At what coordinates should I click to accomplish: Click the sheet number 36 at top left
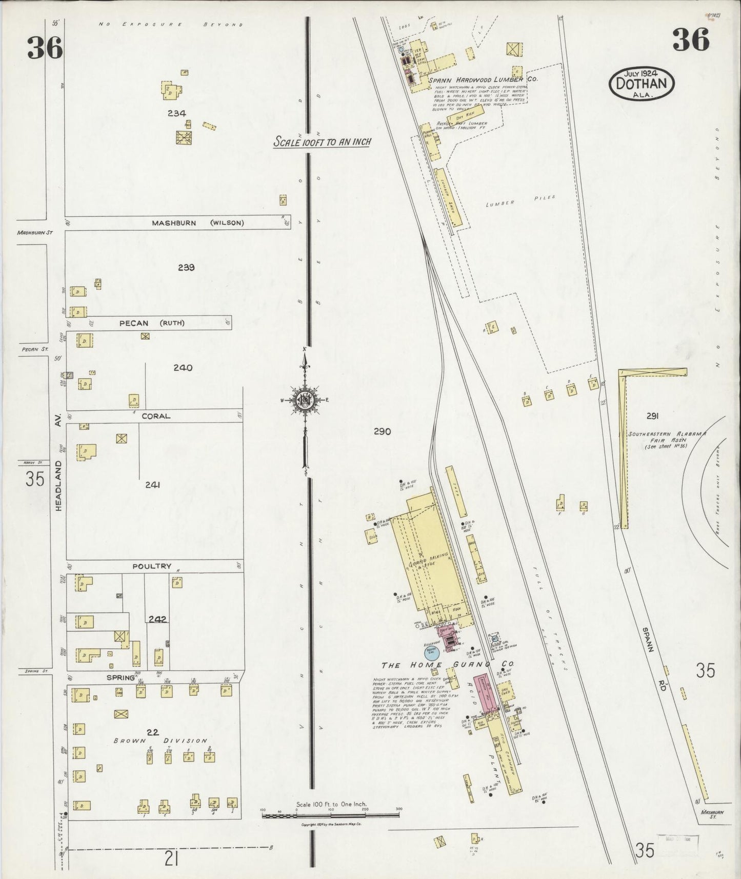pos(45,48)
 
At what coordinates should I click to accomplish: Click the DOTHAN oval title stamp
pos(642,83)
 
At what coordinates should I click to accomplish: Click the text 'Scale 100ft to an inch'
pos(322,142)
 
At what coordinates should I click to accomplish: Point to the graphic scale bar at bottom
pos(330,814)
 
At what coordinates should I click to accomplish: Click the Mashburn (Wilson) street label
pos(197,223)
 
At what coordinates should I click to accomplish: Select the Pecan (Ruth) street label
pos(152,323)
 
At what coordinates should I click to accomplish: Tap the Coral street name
pos(155,416)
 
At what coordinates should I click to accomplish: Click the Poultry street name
pos(151,566)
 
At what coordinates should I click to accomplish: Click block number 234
pos(176,113)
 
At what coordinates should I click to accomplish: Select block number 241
pos(153,484)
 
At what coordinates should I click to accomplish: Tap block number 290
pos(382,432)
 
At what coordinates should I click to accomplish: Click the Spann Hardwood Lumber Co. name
pos(475,79)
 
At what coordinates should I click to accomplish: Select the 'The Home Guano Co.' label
pos(447,665)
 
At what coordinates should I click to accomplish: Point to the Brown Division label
pos(160,741)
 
